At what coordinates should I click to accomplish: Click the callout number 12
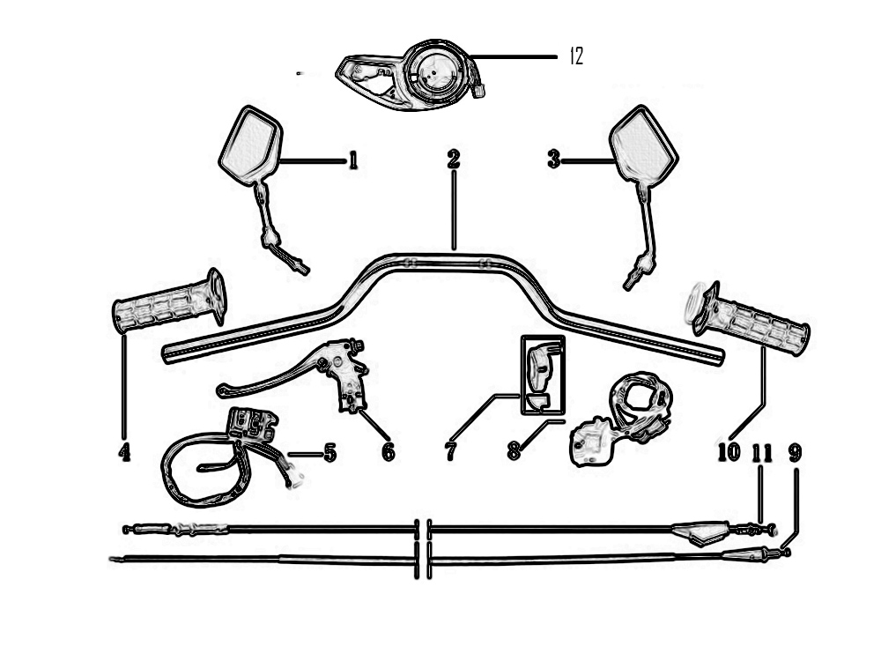[x=577, y=56]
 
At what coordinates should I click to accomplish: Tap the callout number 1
[x=353, y=160]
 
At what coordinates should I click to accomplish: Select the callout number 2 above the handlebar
[x=454, y=160]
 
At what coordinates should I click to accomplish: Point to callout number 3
[x=554, y=160]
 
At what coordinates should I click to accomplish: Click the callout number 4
[x=124, y=452]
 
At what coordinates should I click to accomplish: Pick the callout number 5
[x=329, y=452]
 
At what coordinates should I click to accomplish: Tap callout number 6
[x=389, y=452]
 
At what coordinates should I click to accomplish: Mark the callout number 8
[x=514, y=450]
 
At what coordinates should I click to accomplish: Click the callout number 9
[x=795, y=452]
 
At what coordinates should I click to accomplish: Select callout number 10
[x=729, y=452]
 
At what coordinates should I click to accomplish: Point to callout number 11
[x=762, y=452]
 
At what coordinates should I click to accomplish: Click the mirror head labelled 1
[x=250, y=145]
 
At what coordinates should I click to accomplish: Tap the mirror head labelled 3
[x=644, y=145]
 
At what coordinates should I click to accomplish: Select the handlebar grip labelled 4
[x=170, y=301]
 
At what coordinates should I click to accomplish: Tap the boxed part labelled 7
[x=543, y=375]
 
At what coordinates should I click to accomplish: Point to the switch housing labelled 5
[x=252, y=423]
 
